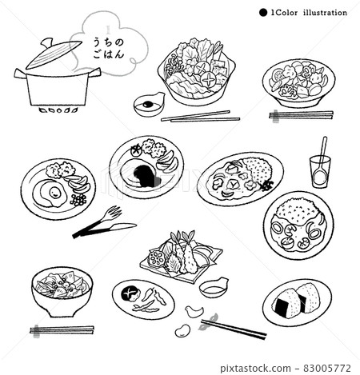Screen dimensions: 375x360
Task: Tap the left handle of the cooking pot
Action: click(21, 74)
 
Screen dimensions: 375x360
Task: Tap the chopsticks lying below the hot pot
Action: click(200, 117)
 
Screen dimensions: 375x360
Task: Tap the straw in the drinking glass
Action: click(322, 150)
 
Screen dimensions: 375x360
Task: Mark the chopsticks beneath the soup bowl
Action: click(62, 329)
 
